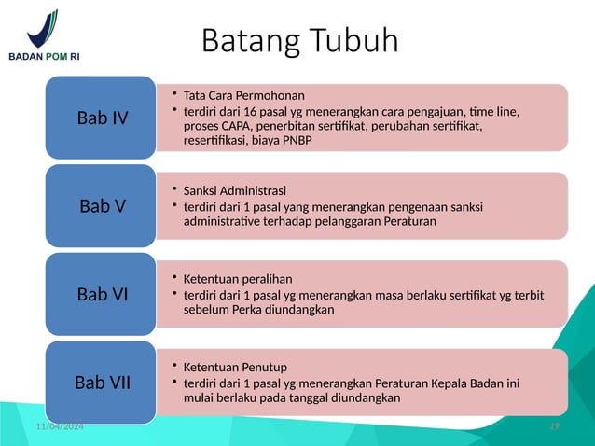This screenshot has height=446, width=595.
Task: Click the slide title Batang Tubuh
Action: pos(299,41)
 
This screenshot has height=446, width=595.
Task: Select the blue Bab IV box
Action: pos(103,118)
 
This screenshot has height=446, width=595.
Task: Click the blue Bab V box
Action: pos(103,206)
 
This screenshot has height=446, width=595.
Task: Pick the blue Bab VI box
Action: pos(103,294)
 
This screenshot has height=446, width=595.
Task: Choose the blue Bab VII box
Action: pos(103,383)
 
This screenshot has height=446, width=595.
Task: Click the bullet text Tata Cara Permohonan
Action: pos(243,95)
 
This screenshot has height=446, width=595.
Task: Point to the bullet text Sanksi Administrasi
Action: pos(235,190)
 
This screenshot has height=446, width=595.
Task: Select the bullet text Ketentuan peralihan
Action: pos(238,279)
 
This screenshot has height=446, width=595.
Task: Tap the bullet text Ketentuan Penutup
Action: pos(235,367)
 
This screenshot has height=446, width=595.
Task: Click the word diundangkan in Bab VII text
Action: pos(362,398)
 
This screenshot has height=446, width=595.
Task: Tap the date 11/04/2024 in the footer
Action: pos(54,426)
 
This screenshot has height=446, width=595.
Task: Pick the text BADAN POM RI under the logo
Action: pos(44,56)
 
